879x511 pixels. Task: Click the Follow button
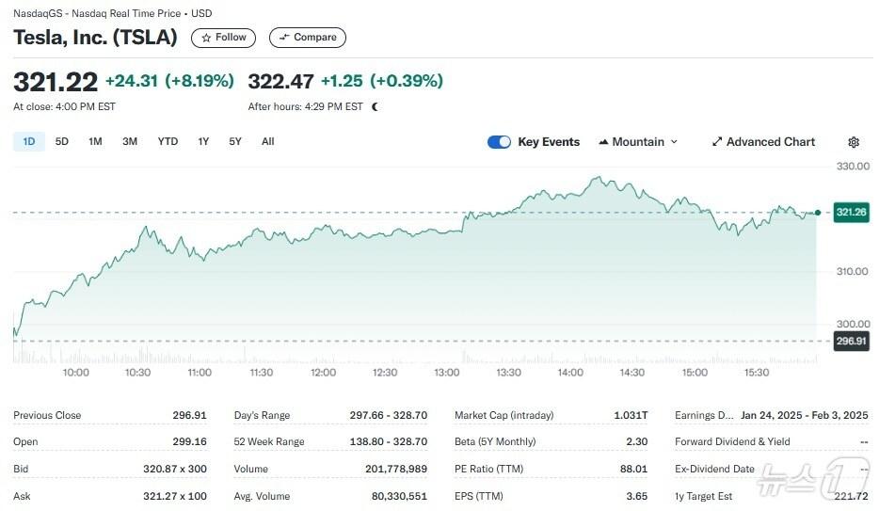223,38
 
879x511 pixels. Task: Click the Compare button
308,38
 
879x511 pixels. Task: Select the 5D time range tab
62,142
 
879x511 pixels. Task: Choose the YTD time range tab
168,142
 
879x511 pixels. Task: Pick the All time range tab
268,142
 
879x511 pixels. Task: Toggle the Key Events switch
499,142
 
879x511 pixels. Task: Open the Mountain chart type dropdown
638,142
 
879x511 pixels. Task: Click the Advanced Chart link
763,142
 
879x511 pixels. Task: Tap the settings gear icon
854,142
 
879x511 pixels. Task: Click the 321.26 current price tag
851,213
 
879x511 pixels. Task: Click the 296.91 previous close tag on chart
851,341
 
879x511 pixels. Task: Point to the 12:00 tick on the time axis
323,373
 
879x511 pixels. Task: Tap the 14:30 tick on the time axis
632,373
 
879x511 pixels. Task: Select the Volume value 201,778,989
395,469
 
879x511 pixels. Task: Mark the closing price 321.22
56,82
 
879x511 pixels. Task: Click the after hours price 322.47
280,82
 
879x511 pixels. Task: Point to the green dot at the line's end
817,213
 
